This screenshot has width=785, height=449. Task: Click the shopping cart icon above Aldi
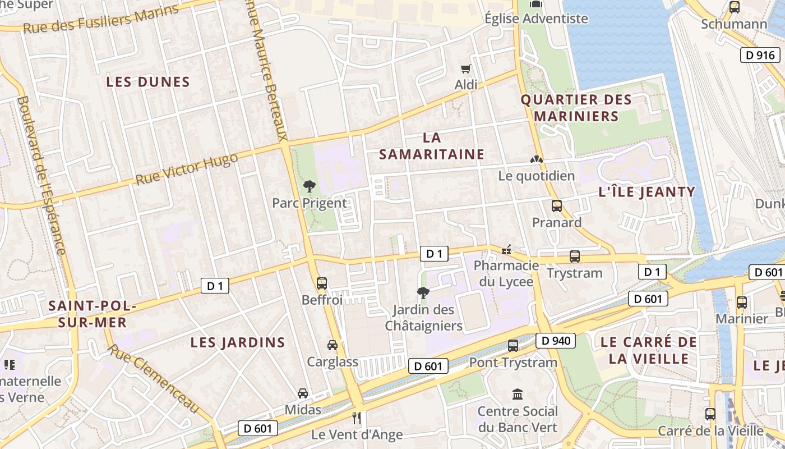click(x=465, y=69)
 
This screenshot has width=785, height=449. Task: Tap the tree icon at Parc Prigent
click(x=309, y=186)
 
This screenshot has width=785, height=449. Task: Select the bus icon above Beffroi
click(x=322, y=283)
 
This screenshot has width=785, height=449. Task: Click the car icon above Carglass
click(x=333, y=345)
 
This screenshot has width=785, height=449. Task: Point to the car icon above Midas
click(x=303, y=393)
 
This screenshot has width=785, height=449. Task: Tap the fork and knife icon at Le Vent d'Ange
click(x=356, y=418)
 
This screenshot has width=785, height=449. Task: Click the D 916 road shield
click(x=760, y=55)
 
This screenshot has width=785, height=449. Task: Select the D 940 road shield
click(x=556, y=340)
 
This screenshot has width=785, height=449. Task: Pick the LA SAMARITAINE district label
click(x=431, y=146)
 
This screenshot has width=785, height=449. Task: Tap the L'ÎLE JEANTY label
click(x=647, y=192)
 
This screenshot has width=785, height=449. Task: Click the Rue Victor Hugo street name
click(x=187, y=169)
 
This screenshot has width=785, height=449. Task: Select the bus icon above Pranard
click(x=556, y=206)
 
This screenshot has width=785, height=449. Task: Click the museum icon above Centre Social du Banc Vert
click(x=518, y=395)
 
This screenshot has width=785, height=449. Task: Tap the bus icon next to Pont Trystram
click(x=513, y=346)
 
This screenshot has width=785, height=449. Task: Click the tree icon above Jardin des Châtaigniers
click(x=423, y=292)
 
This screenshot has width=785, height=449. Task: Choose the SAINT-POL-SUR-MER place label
click(x=92, y=314)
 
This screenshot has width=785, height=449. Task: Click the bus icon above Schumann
click(x=734, y=7)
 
